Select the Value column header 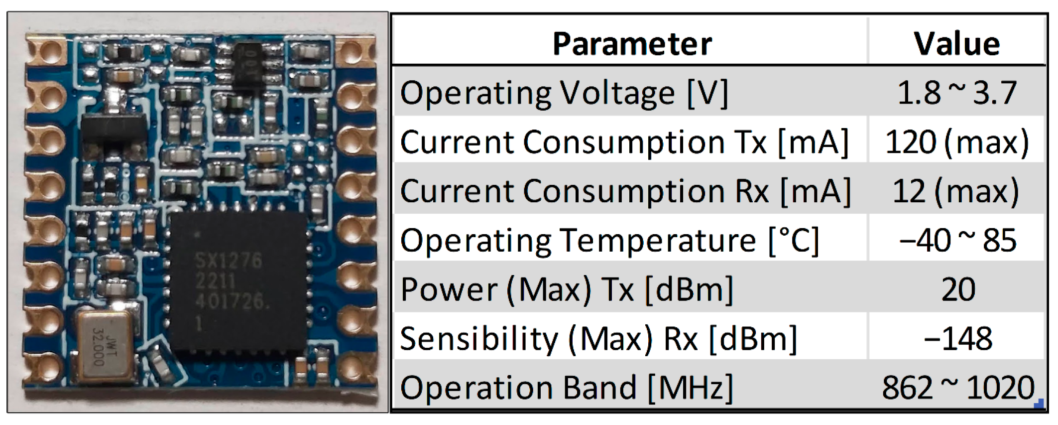click(x=956, y=44)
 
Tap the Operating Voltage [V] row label click(x=564, y=93)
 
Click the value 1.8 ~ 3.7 click(x=956, y=93)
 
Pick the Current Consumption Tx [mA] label click(x=624, y=142)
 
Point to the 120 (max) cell click(x=956, y=142)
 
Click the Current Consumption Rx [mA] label click(x=625, y=191)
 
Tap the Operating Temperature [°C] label click(x=609, y=241)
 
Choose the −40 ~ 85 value click(x=956, y=241)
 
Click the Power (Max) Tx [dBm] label click(x=567, y=289)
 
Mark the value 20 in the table click(x=957, y=289)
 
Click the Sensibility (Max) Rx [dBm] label click(x=598, y=339)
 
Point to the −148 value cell click(x=957, y=339)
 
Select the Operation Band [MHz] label click(x=567, y=388)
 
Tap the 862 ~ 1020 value click(x=957, y=388)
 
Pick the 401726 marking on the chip click(x=231, y=301)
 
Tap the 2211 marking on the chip click(x=215, y=282)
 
